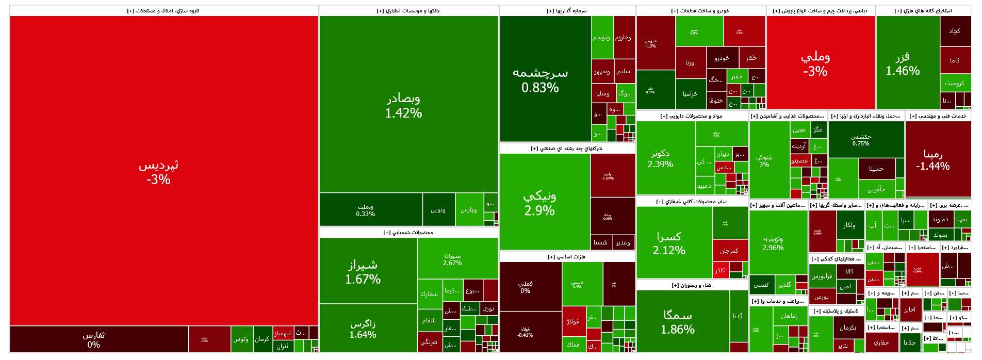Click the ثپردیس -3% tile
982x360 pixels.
pyautogui.click(x=158, y=171)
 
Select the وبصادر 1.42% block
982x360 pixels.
pyautogui.click(x=403, y=105)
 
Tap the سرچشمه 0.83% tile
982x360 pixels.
pyautogui.click(x=540, y=80)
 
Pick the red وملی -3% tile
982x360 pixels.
pyautogui.click(x=815, y=63)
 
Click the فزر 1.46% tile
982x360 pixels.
pyautogui.click(x=903, y=63)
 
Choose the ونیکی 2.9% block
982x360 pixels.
pyautogui.click(x=539, y=203)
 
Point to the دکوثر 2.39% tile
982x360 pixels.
pyautogui.click(x=660, y=158)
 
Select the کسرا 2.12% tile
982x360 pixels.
pyautogui.click(x=669, y=243)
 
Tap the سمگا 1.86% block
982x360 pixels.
pyautogui.click(x=678, y=322)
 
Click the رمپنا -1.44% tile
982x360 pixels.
pyautogui.click(x=932, y=159)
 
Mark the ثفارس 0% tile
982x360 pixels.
pyautogui.click(x=94, y=339)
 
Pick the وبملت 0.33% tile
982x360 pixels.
pyautogui.click(x=365, y=210)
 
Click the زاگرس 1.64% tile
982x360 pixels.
pyautogui.click(x=363, y=329)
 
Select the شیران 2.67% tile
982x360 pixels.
pyautogui.click(x=452, y=259)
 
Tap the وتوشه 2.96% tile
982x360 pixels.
pyautogui.click(x=773, y=243)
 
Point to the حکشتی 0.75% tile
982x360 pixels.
pyautogui.click(x=861, y=139)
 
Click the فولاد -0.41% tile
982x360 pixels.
pyautogui.click(x=525, y=332)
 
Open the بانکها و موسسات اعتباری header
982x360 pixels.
pyautogui.click(x=408, y=11)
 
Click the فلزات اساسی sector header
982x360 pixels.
pyautogui.click(x=567, y=257)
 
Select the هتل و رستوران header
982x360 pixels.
pyautogui.click(x=692, y=285)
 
